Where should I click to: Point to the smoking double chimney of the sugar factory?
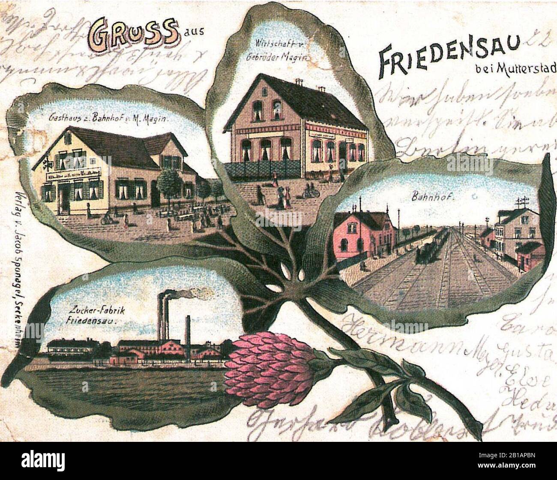[x=163, y=315]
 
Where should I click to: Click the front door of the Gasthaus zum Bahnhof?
[x=65, y=200]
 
